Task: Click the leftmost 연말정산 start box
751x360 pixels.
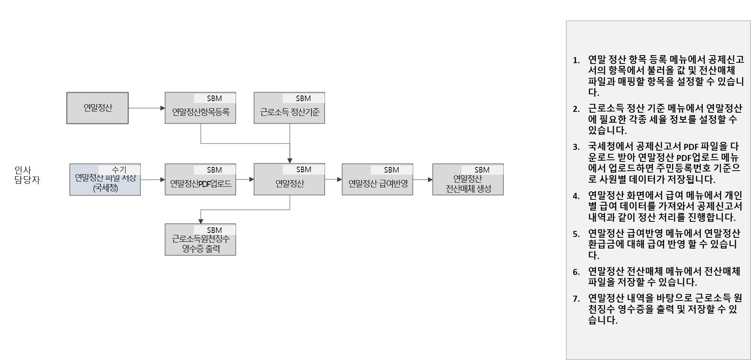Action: pos(97,108)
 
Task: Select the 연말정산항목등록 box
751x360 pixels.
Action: pos(200,112)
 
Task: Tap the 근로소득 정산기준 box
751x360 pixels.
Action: pos(289,112)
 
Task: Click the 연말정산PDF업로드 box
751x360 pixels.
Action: pos(200,184)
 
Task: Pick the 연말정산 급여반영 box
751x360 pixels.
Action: pos(377,184)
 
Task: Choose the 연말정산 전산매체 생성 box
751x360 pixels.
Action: pos(468,184)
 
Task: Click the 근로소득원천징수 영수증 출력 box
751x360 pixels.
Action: pos(200,244)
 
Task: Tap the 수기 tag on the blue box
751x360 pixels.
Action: pos(119,170)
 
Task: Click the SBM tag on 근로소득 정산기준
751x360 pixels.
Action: pos(303,98)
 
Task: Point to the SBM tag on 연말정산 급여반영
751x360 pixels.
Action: pos(391,170)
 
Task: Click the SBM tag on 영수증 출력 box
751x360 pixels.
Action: pos(214,230)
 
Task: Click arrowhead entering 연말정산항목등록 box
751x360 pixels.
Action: pos(162,108)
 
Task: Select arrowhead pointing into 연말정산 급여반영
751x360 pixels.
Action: pos(339,179)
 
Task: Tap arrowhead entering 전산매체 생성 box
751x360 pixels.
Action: pos(430,179)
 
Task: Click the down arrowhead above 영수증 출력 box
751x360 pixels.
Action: pos(201,221)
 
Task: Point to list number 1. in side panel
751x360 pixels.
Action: pos(576,60)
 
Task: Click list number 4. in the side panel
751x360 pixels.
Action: pos(576,196)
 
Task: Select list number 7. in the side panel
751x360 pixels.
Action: pos(576,299)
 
